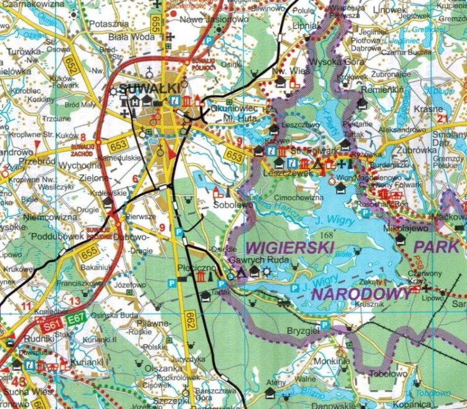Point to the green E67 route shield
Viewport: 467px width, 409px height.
77,320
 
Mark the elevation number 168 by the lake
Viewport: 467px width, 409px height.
326,236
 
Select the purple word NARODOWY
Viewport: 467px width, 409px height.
361,293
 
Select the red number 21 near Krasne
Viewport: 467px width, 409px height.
443,118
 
